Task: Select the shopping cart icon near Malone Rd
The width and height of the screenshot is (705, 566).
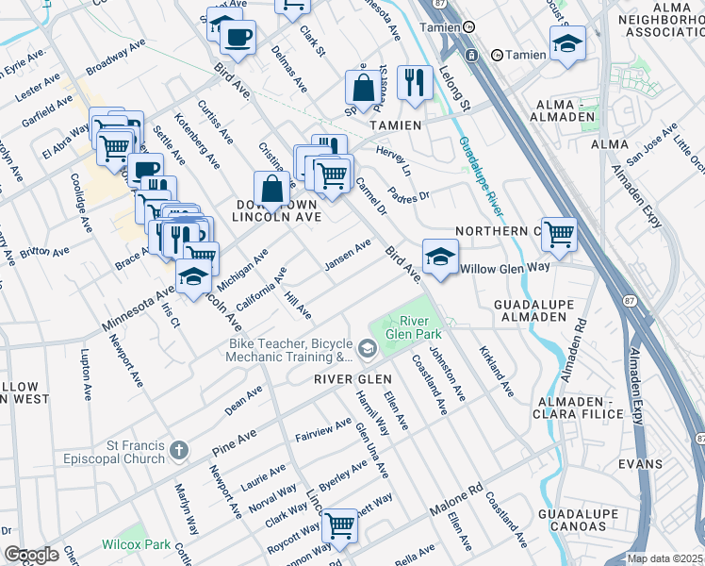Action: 339,524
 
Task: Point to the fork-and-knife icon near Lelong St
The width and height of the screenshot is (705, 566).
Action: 414,82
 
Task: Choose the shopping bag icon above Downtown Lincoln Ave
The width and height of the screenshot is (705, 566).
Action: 271,187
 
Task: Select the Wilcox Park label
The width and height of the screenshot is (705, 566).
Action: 130,544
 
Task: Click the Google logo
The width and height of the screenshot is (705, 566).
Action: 31,555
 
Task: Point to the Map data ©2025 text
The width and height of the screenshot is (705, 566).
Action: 665,558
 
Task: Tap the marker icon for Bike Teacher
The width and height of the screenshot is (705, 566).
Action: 367,351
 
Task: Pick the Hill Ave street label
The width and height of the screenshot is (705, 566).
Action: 297,305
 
